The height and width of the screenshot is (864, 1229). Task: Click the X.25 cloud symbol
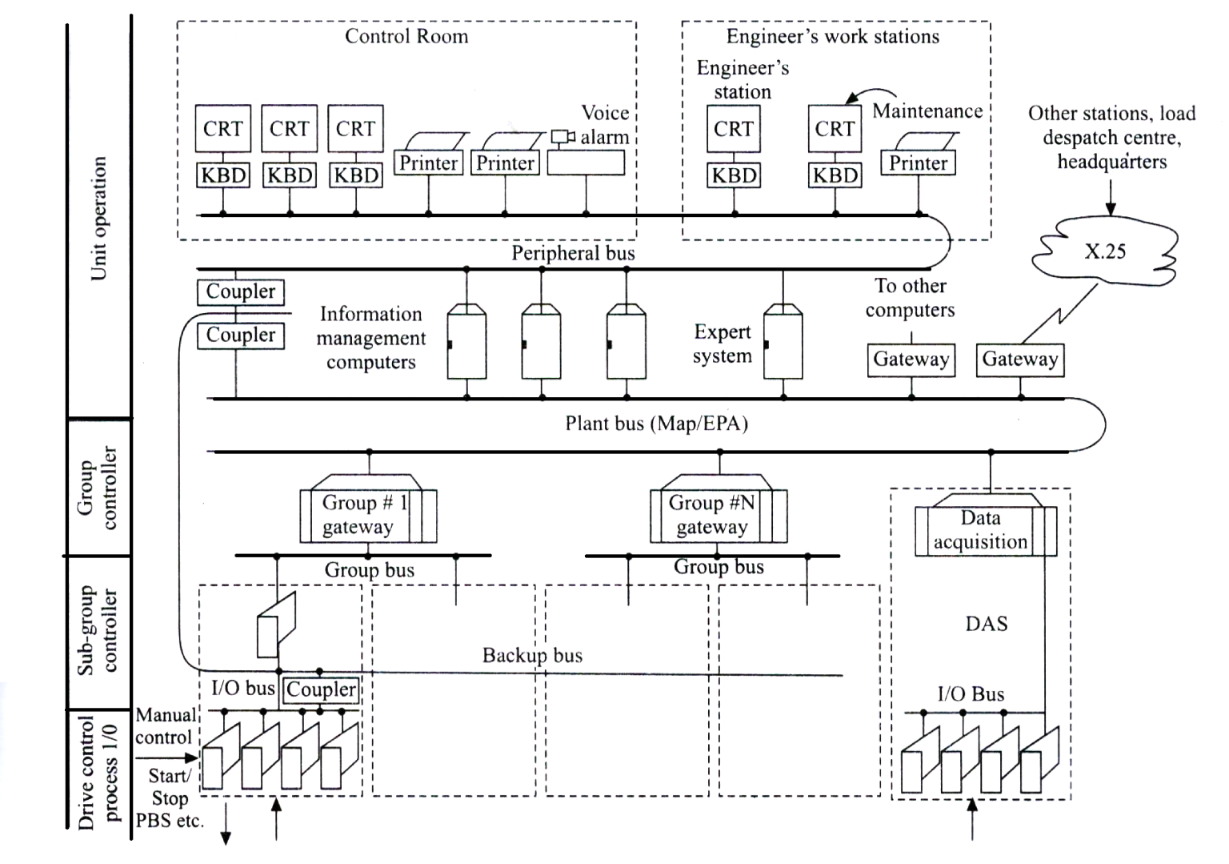[1105, 251]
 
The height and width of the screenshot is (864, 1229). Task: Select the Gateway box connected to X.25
[1020, 360]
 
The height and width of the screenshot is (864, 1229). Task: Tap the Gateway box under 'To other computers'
[911, 360]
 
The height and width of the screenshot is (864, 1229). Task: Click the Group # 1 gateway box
[367, 516]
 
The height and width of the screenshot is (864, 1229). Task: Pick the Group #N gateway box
[718, 516]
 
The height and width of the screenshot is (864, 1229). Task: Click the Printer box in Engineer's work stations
[918, 163]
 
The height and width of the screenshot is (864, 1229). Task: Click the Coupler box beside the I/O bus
[321, 689]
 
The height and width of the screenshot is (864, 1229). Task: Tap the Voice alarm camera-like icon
[562, 137]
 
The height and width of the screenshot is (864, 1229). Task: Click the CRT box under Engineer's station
[733, 129]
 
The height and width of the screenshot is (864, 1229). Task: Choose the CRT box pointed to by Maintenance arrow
[835, 129]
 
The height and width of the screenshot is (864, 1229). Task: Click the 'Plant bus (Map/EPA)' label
[656, 424]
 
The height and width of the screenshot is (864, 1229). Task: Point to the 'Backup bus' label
[532, 656]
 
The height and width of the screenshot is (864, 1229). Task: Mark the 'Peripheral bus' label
[573, 254]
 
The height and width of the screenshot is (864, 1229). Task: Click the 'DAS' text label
[986, 624]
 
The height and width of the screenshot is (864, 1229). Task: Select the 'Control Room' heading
[406, 37]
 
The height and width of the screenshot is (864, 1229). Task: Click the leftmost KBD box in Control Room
[223, 175]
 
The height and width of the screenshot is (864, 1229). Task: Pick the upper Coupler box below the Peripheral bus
[240, 292]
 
